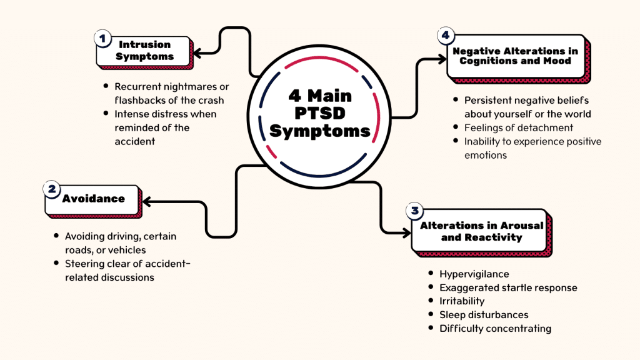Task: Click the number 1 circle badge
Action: (x=102, y=37)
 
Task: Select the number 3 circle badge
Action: (x=415, y=211)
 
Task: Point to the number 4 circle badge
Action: (x=445, y=36)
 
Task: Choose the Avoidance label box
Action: (x=94, y=199)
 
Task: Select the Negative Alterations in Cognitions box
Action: (x=515, y=56)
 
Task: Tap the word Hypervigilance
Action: (x=474, y=274)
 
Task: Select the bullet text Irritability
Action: (x=462, y=301)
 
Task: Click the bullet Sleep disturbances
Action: (x=484, y=315)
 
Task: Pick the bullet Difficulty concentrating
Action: (x=496, y=329)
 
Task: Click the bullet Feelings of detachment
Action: (x=519, y=127)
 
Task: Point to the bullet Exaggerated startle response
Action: (x=508, y=287)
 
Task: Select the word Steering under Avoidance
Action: (x=84, y=264)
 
